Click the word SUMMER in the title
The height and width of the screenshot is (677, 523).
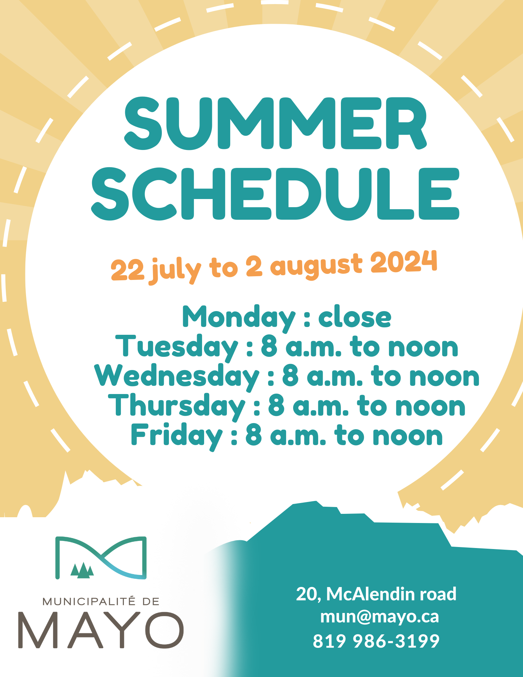click(276, 123)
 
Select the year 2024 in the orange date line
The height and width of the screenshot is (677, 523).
click(404, 262)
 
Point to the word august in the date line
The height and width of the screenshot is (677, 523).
click(316, 267)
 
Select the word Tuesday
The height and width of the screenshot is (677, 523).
click(177, 347)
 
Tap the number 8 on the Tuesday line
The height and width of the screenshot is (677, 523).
click(269, 347)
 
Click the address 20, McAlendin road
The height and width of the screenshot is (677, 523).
click(376, 594)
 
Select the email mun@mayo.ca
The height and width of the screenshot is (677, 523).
click(379, 617)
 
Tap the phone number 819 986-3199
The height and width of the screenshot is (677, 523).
click(376, 641)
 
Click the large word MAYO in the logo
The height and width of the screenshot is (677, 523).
click(101, 630)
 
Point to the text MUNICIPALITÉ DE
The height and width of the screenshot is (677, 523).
click(101, 602)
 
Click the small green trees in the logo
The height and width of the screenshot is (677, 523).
click(82, 570)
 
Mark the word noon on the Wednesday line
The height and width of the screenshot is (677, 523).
click(444, 377)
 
